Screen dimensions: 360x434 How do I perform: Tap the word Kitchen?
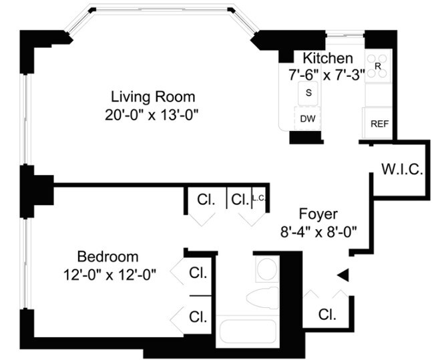click(x=327, y=58)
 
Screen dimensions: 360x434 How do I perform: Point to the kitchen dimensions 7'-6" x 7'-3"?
click(x=327, y=75)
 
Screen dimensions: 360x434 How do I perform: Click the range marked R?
click(x=378, y=66)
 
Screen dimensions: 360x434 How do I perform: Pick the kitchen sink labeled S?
click(x=308, y=93)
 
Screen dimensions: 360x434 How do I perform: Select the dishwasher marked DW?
click(x=307, y=119)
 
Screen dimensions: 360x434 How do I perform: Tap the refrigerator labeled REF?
click(x=379, y=124)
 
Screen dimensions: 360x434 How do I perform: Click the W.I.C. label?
click(x=402, y=169)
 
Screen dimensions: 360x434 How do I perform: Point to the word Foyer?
click(x=318, y=214)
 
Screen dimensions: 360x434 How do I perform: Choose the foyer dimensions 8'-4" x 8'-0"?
click(x=318, y=232)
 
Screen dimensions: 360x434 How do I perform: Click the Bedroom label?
click(x=107, y=256)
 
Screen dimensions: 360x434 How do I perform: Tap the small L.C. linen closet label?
click(x=259, y=198)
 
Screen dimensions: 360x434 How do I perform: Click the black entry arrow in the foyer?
click(x=343, y=275)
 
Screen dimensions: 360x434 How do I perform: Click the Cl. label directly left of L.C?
click(x=239, y=199)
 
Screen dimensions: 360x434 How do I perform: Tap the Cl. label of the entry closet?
click(x=327, y=314)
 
